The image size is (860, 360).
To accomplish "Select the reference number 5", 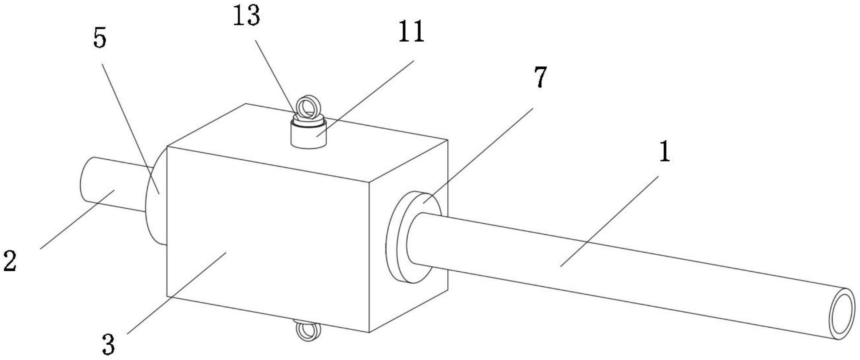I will pos(100,39).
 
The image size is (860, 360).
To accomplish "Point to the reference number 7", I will pos(540,78).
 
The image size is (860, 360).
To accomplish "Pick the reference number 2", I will pos(10,261).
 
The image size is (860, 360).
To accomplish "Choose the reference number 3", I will pos(108,344).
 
